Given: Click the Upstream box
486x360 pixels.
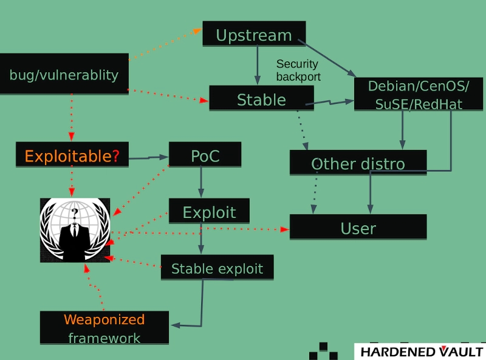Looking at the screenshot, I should point(254,35).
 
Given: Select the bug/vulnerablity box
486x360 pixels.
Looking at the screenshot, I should point(64,74).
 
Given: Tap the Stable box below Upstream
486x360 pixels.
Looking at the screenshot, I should point(261,98).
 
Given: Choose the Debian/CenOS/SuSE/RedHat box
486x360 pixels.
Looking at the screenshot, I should point(419,95).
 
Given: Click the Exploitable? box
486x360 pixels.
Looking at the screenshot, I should point(72,156).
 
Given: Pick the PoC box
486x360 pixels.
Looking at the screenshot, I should point(205,155).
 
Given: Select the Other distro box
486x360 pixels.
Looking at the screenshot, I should point(358,163).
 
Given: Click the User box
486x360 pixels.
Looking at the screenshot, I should point(358,227).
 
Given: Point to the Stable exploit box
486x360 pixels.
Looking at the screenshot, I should point(217,267).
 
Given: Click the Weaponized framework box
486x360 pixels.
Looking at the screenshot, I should point(104,328).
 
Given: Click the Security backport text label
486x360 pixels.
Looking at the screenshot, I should point(298,70).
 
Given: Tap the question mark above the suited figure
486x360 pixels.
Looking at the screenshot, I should point(75,212).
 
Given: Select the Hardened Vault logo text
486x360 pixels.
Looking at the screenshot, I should point(421,352).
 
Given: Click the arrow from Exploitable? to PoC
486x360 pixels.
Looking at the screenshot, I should point(149,158).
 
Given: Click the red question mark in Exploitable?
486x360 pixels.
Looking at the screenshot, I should point(115,156).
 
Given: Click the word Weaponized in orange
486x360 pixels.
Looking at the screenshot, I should point(104,319).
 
